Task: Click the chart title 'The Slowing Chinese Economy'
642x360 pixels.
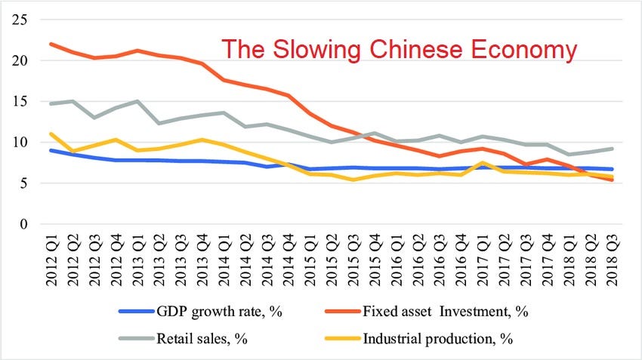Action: click(x=399, y=50)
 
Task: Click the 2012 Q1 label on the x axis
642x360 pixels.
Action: click(x=51, y=257)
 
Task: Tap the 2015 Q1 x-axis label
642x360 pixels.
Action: click(x=309, y=257)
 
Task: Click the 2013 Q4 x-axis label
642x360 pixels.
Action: click(x=202, y=257)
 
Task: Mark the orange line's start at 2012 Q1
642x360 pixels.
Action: click(x=51, y=44)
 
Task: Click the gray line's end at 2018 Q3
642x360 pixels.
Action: click(x=611, y=149)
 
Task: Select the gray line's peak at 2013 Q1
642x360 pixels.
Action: click(x=137, y=101)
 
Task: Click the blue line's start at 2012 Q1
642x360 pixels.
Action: click(x=51, y=150)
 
